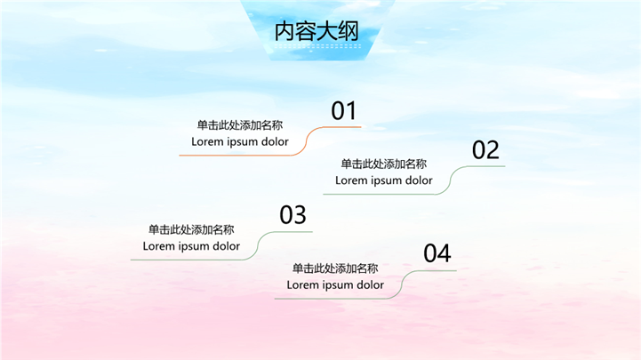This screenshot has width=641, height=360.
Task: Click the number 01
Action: [343, 111]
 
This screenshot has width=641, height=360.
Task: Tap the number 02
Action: [485, 150]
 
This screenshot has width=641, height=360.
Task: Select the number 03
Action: [292, 215]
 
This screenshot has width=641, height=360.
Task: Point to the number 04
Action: [437, 254]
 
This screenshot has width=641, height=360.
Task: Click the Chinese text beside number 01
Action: [240, 125]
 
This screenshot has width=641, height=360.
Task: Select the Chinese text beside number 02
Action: [384, 164]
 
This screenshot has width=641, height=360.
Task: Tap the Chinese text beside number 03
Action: [191, 229]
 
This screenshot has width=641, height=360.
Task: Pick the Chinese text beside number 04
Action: [335, 268]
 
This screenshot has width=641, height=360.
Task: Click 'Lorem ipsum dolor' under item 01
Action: [240, 141]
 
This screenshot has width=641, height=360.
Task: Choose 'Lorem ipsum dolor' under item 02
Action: [384, 180]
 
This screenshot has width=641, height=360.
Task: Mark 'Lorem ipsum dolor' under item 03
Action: [191, 246]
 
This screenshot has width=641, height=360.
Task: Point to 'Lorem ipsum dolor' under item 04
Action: [335, 285]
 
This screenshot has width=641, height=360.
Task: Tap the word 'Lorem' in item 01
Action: [208, 141]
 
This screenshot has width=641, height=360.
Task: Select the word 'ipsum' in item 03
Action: [193, 246]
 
